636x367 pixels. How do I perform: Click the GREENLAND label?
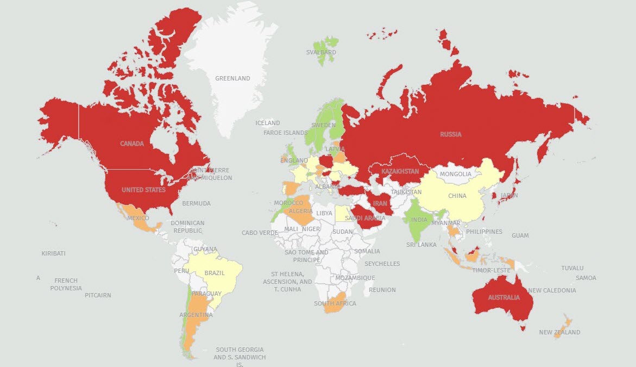point(232,78)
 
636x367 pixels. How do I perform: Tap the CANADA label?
point(132,144)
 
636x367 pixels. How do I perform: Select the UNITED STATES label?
point(143,190)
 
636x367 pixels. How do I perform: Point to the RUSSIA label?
point(450,134)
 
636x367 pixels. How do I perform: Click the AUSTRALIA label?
point(503,297)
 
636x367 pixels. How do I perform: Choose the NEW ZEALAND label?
point(559,332)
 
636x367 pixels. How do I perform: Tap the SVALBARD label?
point(321,52)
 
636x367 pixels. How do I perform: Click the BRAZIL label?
point(215,273)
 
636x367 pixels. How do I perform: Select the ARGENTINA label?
point(196,315)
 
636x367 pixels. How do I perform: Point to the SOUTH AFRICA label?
point(335,303)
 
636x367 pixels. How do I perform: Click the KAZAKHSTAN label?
point(400,171)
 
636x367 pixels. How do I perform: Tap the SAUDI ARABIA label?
point(365,218)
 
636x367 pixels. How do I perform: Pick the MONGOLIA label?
point(456,174)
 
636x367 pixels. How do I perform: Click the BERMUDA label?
point(196,203)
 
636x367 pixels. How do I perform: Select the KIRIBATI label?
point(53,253)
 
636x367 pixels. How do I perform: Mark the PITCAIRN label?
point(98,295)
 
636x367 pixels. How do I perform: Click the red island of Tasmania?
point(523,327)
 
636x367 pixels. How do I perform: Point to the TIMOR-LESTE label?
point(491,270)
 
